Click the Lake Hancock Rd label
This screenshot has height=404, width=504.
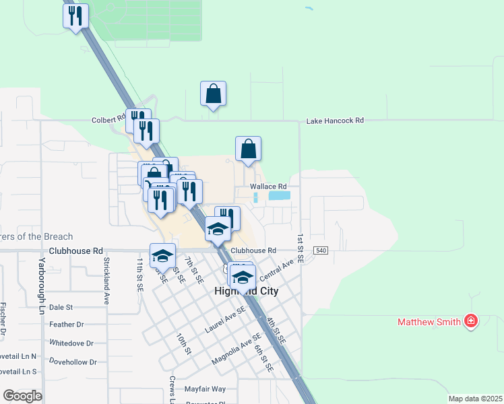(335, 121)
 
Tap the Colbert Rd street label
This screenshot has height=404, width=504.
(108, 121)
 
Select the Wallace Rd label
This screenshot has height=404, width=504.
(268, 187)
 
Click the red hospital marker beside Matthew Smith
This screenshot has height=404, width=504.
(471, 321)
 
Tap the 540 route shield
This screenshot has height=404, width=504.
(321, 250)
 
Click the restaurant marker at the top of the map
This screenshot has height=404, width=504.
(75, 15)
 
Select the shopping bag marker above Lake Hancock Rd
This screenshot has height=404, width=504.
(213, 94)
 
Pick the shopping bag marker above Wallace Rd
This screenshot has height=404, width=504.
(248, 149)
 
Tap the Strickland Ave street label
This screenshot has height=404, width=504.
(106, 280)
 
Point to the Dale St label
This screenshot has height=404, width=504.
(61, 307)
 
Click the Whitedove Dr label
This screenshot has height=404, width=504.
(71, 343)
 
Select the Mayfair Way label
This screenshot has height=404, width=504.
(205, 389)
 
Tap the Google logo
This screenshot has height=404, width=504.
(22, 396)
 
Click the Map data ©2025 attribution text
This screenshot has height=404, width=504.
(475, 399)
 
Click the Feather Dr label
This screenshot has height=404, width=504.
(66, 325)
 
